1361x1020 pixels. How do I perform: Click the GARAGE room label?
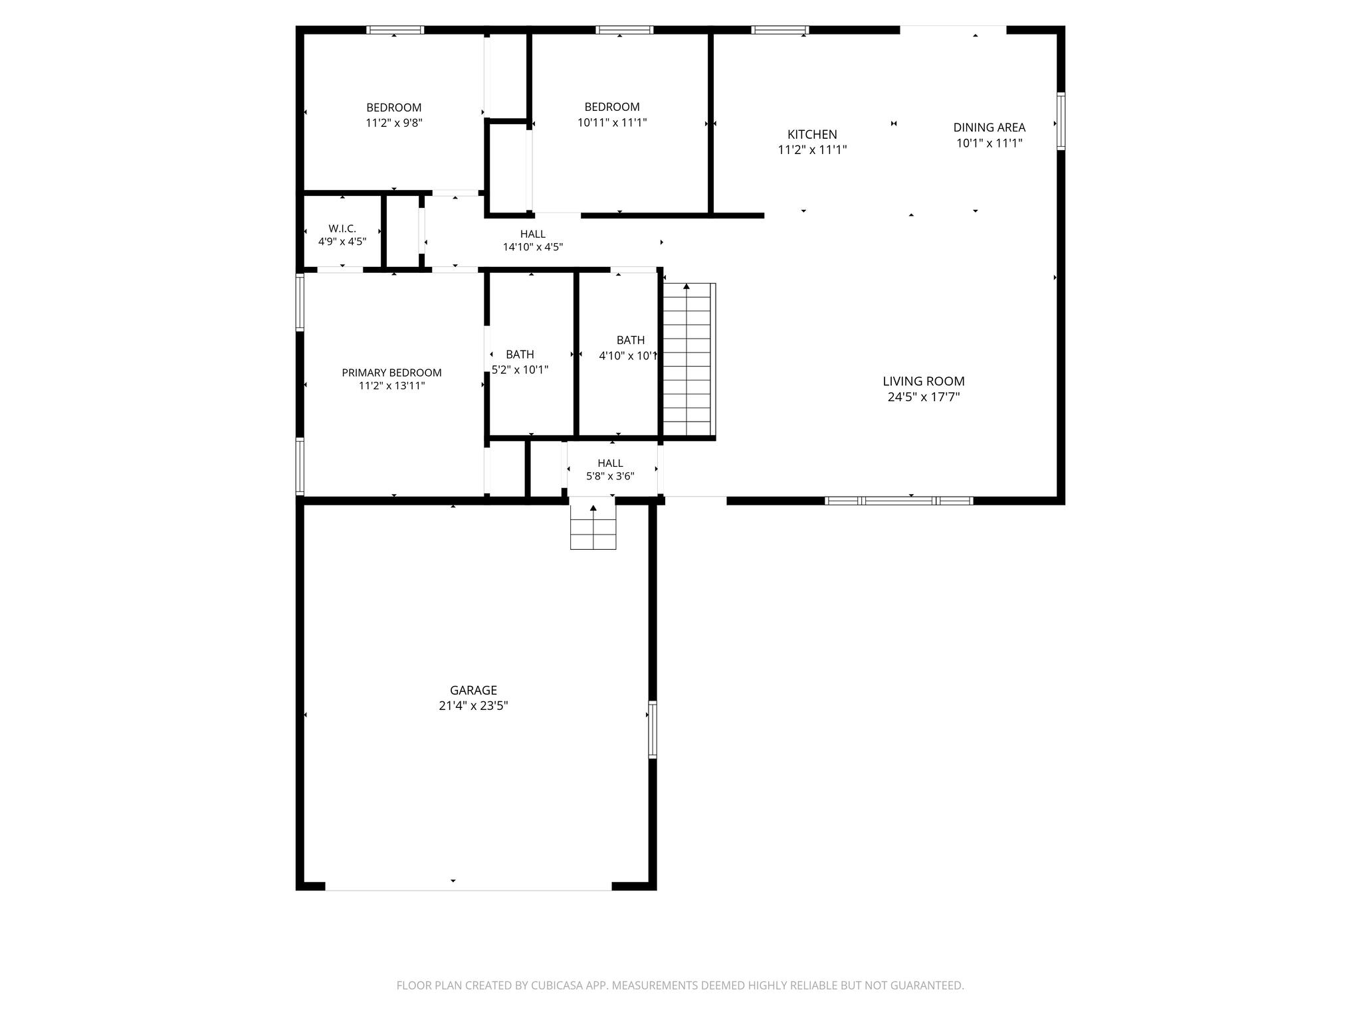(473, 690)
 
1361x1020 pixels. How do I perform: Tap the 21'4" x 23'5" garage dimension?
(473, 706)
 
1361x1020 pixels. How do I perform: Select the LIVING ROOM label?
(923, 381)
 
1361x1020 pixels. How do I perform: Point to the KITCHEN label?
(812, 134)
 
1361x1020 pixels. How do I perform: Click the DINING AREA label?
(989, 127)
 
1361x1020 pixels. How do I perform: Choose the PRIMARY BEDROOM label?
(391, 373)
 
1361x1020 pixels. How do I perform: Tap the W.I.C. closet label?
(342, 228)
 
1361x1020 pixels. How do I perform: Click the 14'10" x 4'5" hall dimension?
(532, 247)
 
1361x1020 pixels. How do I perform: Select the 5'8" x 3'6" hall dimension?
(609, 476)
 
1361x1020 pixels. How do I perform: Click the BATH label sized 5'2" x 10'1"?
(520, 354)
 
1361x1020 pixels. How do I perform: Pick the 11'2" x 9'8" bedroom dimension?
(393, 123)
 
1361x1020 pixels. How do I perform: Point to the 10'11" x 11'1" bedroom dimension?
(611, 122)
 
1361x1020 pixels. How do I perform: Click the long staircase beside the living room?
(688, 359)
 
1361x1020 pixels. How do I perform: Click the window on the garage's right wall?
(653, 729)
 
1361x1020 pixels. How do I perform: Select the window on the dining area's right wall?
(1061, 121)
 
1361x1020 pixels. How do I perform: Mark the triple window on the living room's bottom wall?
(898, 501)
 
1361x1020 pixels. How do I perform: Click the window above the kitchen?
(780, 30)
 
